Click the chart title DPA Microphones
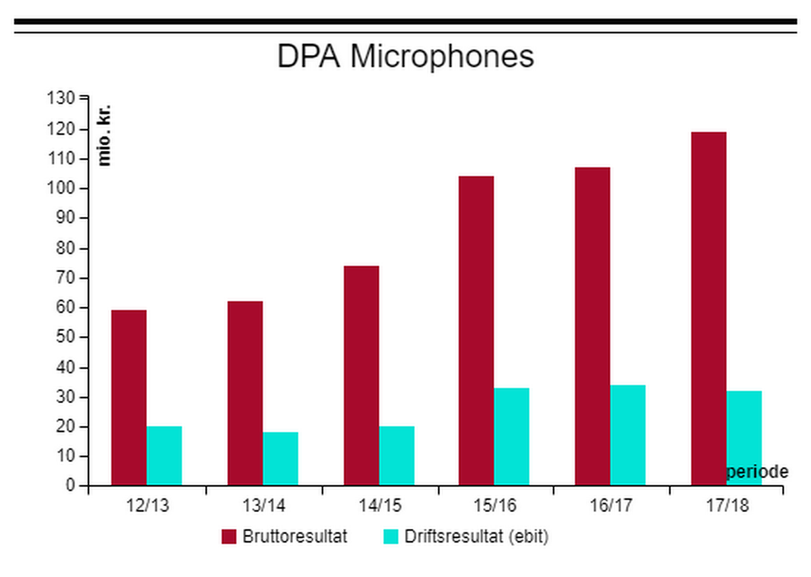click(405, 57)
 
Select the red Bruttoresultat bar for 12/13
click(128, 397)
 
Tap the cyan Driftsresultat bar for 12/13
click(164, 456)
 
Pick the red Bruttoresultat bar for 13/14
click(245, 393)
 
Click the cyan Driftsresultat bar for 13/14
click(280, 459)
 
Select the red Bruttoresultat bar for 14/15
click(362, 376)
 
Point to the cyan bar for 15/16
click(511, 437)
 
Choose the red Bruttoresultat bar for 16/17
click(592, 326)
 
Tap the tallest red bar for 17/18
click(709, 308)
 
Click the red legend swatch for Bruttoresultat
click(228, 536)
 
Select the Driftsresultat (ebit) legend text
click(476, 536)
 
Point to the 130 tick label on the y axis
click(63, 98)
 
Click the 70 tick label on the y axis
click(66, 278)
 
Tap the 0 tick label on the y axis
click(70, 486)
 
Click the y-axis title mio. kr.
click(105, 135)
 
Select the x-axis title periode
click(757, 471)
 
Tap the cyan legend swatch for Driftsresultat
click(390, 536)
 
